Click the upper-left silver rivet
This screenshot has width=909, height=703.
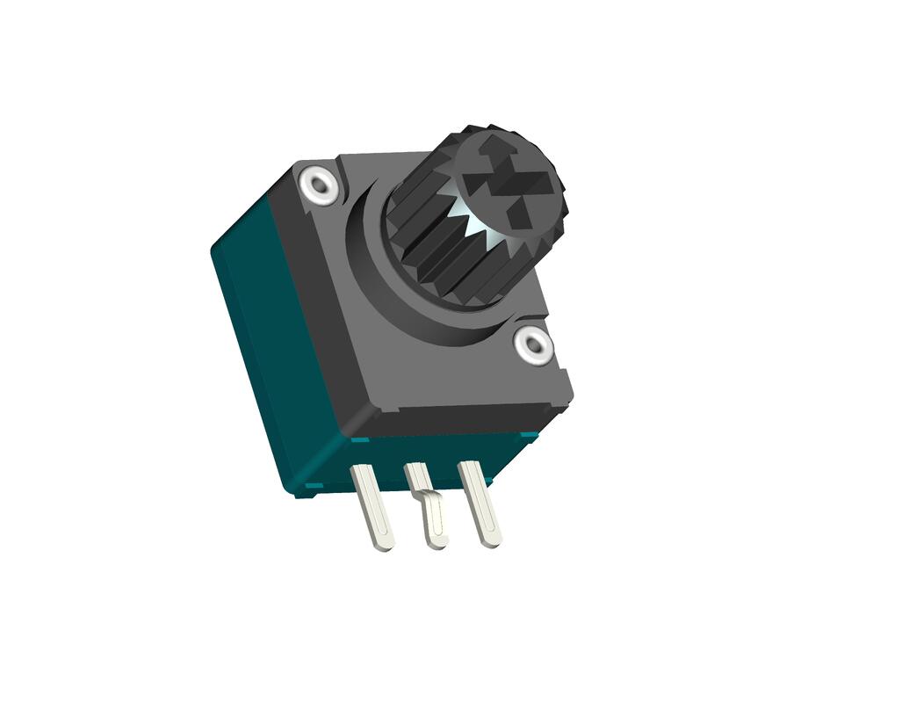[x=318, y=185]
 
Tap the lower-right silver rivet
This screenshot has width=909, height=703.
[x=534, y=344]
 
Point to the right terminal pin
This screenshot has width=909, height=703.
[x=481, y=505]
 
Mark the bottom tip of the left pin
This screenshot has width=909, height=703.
[x=384, y=546]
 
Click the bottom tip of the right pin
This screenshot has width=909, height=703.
[x=493, y=541]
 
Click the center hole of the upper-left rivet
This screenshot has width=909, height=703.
[x=318, y=185]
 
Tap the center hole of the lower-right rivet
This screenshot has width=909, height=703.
[x=534, y=344]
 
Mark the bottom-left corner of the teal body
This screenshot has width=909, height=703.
[x=299, y=492]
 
